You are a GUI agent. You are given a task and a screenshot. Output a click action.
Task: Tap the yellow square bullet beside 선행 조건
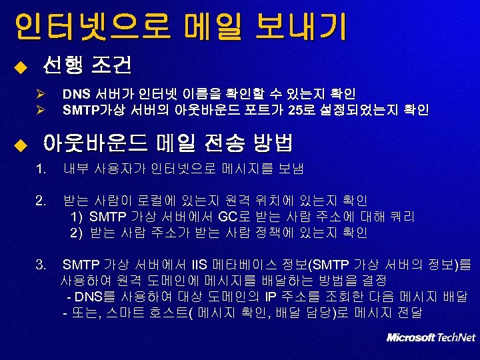(20, 67)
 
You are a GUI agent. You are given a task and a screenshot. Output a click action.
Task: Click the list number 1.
(42, 169)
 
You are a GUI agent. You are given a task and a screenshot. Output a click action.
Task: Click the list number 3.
(42, 265)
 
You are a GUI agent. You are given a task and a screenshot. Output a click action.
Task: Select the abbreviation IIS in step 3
(201, 265)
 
